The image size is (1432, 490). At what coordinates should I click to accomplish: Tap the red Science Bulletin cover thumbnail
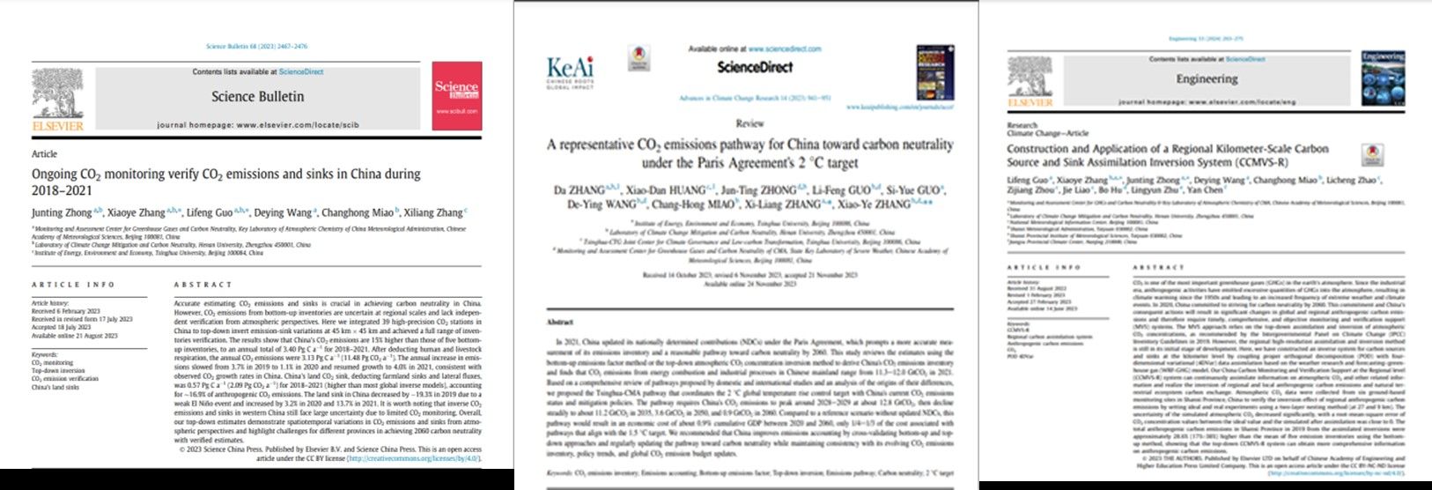point(457,95)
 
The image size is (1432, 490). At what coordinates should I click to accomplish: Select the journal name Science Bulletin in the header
point(257,96)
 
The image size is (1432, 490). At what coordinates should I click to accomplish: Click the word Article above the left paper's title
point(44,153)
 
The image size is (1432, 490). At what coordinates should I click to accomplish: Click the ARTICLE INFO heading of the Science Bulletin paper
point(73,285)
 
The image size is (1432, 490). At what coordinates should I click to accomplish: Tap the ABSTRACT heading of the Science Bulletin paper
point(203,285)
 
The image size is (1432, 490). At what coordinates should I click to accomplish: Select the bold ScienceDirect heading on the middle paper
point(754,67)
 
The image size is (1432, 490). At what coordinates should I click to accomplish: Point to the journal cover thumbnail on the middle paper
point(934,72)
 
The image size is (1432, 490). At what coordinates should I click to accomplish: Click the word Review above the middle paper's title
point(749,124)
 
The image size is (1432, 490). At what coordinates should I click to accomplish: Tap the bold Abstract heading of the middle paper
point(561,322)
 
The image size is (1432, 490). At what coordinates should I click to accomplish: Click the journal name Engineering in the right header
point(1207,78)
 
